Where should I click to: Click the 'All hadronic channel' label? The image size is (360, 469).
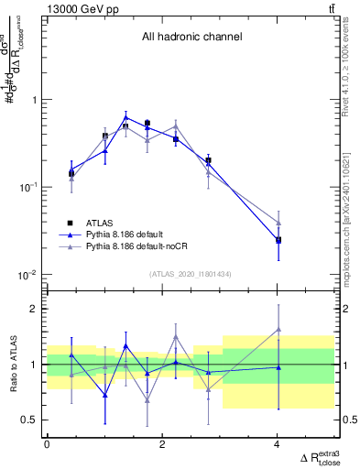[x=191, y=38]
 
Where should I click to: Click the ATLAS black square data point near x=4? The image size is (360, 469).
[x=278, y=240]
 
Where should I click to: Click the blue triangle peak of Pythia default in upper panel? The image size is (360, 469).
[x=125, y=117]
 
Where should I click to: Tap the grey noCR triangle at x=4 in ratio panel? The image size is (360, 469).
[x=278, y=330]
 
